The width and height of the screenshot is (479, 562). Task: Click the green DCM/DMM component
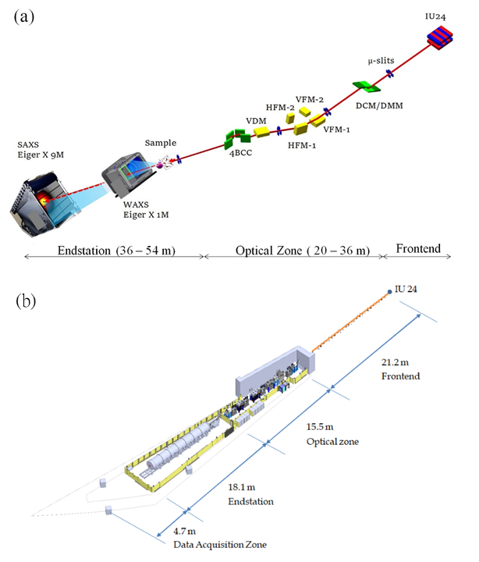click(x=362, y=87)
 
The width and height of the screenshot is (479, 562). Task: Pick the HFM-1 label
click(x=300, y=144)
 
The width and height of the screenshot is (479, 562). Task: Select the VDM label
click(x=256, y=120)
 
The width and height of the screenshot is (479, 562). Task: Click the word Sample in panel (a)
click(x=161, y=143)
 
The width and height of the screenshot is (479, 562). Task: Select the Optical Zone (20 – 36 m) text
click(x=290, y=249)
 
